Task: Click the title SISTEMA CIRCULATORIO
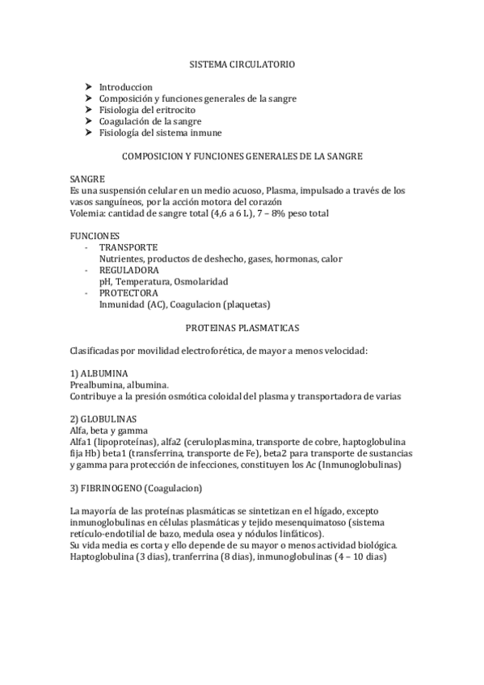(242, 61)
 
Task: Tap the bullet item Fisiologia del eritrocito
(147, 110)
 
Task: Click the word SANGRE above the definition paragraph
(87, 179)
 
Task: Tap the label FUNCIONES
(94, 236)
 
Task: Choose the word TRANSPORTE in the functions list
(128, 247)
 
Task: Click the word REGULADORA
(128, 270)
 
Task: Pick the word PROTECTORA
(129, 293)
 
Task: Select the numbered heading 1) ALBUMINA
(99, 375)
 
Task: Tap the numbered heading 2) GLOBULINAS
(103, 420)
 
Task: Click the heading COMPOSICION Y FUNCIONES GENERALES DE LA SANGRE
(242, 156)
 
